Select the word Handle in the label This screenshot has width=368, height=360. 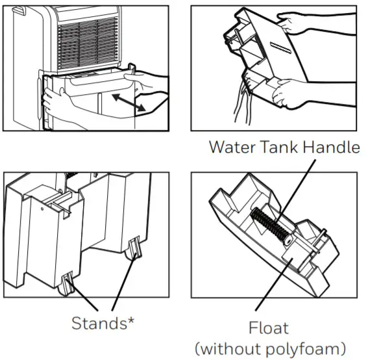tap(334, 148)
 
